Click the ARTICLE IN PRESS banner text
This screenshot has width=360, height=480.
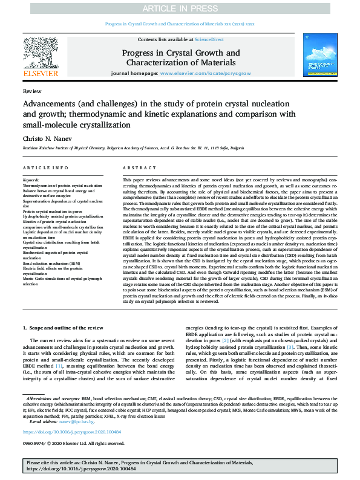[x=180, y=7]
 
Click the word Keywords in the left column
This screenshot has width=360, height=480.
[x=31, y=180]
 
